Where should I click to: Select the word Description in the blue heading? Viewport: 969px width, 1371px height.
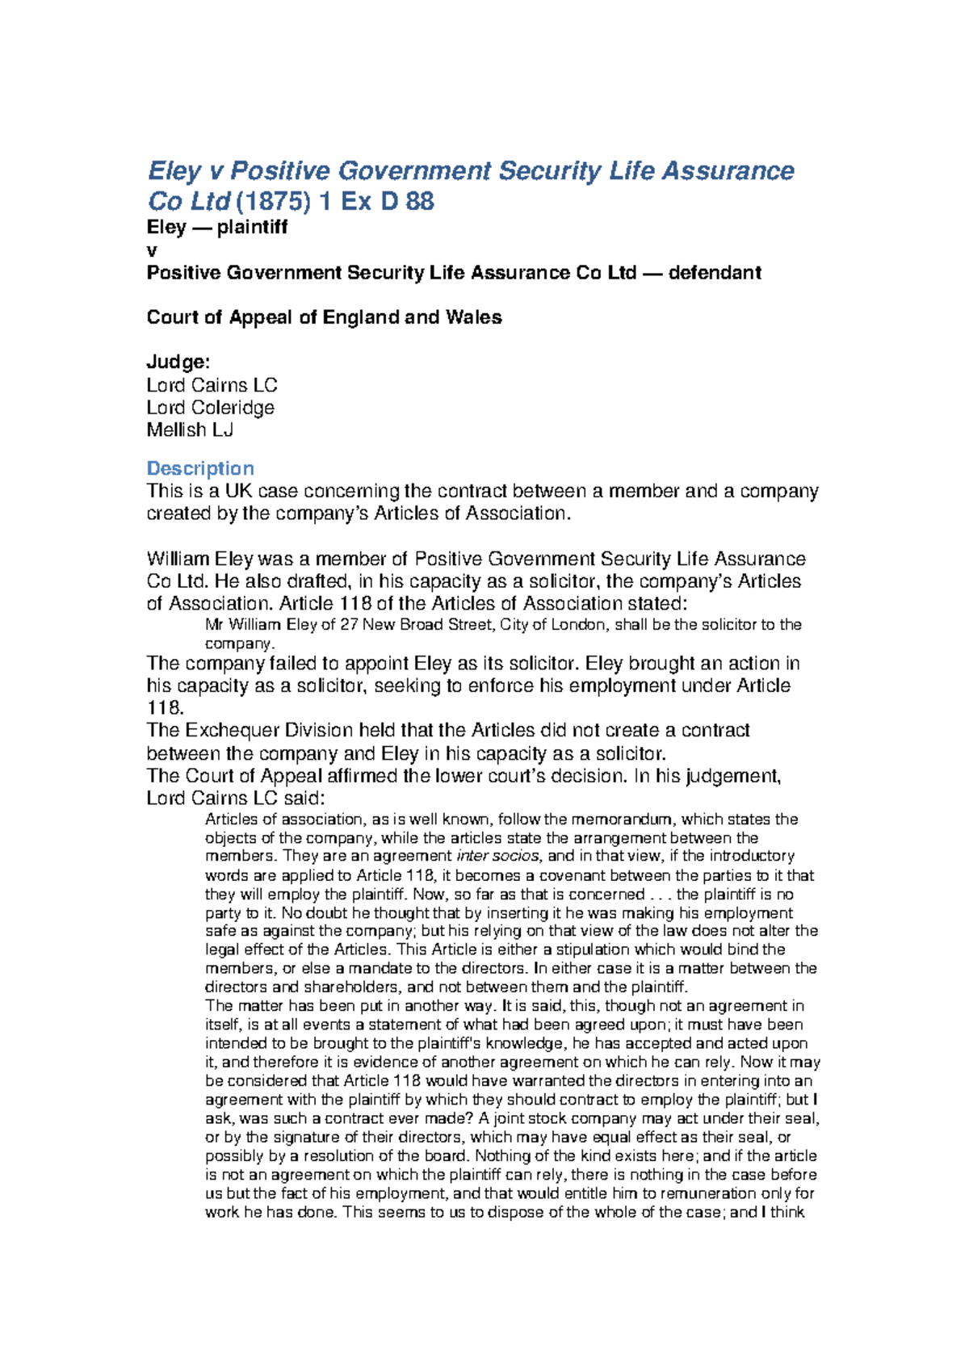click(200, 468)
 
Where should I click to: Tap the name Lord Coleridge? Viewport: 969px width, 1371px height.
click(210, 408)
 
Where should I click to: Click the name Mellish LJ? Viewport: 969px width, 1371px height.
click(190, 430)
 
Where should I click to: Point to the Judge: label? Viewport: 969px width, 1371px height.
click(178, 362)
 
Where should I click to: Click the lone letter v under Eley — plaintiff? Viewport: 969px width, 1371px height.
click(152, 251)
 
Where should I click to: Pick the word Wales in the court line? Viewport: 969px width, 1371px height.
click(473, 317)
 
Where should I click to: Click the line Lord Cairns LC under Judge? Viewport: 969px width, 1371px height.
click(212, 385)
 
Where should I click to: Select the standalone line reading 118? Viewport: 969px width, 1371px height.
click(164, 708)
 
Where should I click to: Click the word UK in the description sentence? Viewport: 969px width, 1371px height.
click(239, 491)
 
